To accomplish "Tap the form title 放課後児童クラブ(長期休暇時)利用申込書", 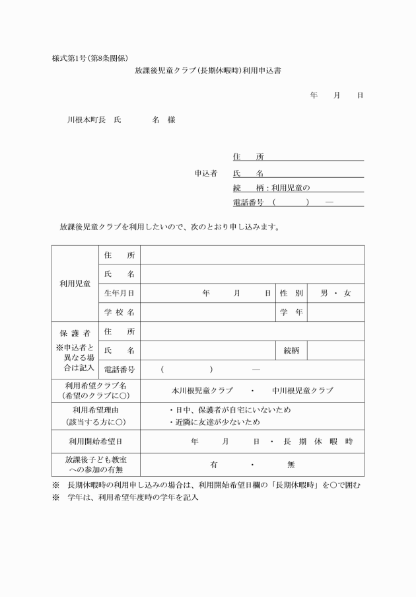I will [208, 70].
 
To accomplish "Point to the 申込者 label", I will [206, 173].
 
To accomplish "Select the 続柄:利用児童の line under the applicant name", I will [271, 188].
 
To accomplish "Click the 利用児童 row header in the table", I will [74, 283].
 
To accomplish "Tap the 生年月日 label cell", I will [119, 293].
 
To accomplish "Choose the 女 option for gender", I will [347, 293].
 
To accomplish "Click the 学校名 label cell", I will [119, 312].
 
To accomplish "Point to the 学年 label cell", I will [291, 312].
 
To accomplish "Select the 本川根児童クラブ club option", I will [202, 391].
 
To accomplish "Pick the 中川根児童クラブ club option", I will [302, 391].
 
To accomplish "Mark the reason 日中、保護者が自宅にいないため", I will [230, 410].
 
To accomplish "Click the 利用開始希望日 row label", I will [96, 441].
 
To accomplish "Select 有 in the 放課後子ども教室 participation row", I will [213, 464].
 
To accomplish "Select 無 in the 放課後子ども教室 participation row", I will [291, 464].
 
